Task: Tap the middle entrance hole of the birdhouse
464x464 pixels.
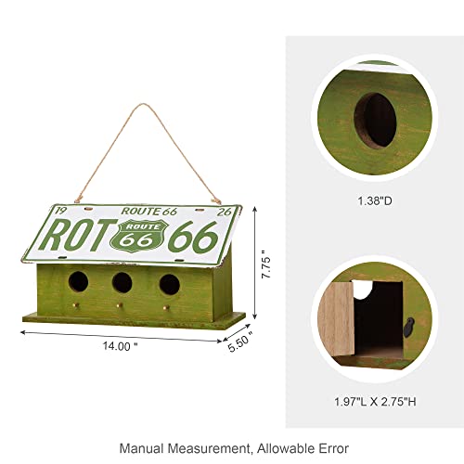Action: (x=122, y=282)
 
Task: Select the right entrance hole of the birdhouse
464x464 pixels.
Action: (x=168, y=282)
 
